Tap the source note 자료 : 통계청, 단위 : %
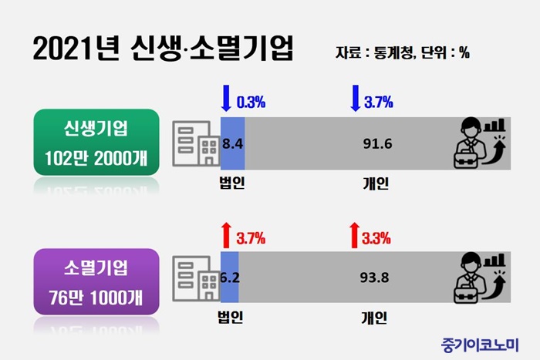point(403,53)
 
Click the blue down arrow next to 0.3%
point(226,99)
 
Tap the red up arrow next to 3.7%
point(226,234)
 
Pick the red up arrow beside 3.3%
point(354,234)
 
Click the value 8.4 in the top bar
point(233,143)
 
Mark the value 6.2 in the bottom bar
point(230,278)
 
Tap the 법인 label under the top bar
point(231,183)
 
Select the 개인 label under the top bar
point(375,183)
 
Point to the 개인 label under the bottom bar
point(375,317)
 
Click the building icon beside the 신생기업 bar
point(194,142)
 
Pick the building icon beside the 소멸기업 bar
point(194,277)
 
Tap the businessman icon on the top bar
point(480,143)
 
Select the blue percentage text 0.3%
point(250,100)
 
